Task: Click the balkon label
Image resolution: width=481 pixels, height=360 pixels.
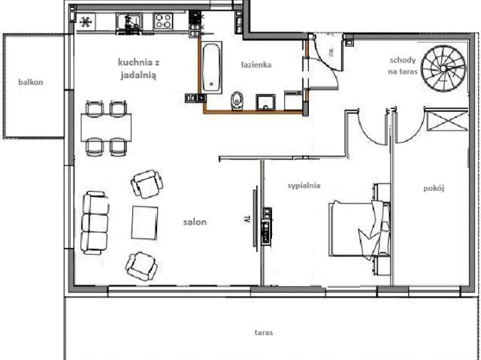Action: (31, 82)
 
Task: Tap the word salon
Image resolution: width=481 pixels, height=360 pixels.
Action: (195, 222)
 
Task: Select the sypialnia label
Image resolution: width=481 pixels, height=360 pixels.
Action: (304, 186)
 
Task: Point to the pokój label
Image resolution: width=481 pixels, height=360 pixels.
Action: (434, 189)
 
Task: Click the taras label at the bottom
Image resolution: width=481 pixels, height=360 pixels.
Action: (264, 332)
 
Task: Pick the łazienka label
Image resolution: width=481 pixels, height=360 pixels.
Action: (256, 65)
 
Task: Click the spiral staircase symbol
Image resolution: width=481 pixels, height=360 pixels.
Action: (443, 68)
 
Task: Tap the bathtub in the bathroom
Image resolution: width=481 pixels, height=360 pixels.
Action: (212, 68)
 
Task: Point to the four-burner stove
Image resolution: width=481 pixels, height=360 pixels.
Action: (163, 21)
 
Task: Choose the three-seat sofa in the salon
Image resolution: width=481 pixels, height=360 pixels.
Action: (95, 223)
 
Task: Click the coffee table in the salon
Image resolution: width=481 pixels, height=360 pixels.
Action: (145, 223)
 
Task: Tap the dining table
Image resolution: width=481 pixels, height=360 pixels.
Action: (106, 128)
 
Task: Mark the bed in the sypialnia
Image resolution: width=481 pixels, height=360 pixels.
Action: (359, 229)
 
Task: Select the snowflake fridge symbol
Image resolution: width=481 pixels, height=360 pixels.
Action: (86, 22)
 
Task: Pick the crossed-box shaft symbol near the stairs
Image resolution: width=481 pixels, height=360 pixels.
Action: (447, 121)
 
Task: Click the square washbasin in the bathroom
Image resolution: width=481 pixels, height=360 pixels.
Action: (265, 102)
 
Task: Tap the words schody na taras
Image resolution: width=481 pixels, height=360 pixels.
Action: (403, 65)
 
